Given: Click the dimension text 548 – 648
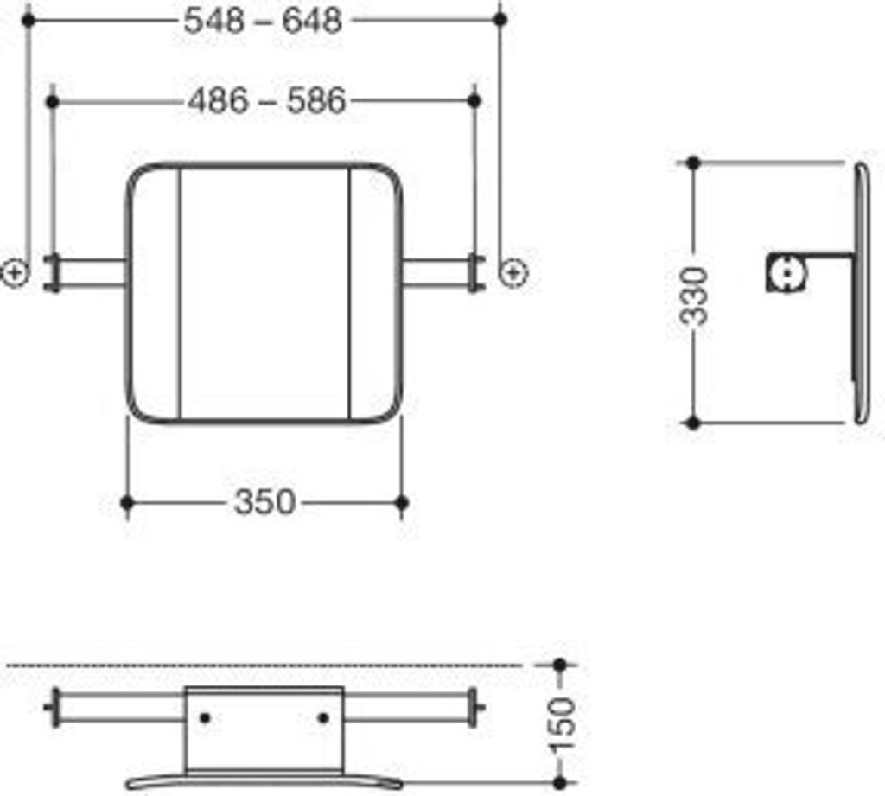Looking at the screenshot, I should [x=263, y=20].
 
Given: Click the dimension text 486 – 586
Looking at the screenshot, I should [x=266, y=102].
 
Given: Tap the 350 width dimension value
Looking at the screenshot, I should [x=264, y=502].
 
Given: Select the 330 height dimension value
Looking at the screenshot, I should [x=694, y=295].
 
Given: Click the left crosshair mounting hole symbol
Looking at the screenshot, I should [x=15, y=273].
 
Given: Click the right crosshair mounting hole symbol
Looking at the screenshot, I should [x=513, y=273].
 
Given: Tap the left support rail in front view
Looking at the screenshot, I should [x=86, y=273].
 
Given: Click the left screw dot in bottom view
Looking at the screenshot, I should [x=205, y=717].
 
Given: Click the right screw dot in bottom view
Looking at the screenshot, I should [x=323, y=717].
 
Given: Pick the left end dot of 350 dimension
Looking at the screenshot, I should [x=127, y=502].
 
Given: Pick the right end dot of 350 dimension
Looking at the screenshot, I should [x=401, y=502].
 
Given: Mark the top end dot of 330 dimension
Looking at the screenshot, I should [x=692, y=162].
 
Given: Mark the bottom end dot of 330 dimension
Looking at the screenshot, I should [x=692, y=423].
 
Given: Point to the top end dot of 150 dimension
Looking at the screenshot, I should [x=559, y=665].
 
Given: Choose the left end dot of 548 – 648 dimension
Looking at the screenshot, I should [x=28, y=18].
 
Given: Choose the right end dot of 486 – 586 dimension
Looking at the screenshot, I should [x=474, y=101].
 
